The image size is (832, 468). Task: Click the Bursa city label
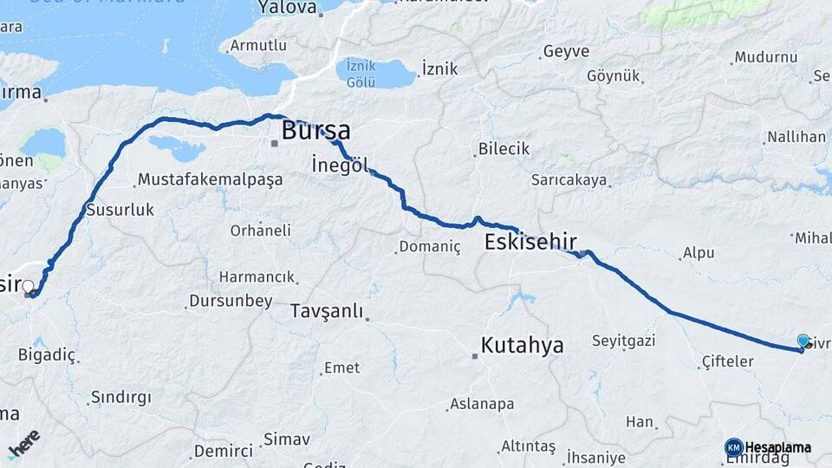(x=315, y=132)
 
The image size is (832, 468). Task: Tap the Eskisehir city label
(x=530, y=242)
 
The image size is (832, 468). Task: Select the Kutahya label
(x=522, y=345)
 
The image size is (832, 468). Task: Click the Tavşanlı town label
(x=326, y=311)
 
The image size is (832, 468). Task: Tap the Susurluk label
(x=120, y=210)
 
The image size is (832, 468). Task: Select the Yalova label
(x=288, y=8)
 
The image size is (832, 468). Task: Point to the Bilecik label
(x=504, y=149)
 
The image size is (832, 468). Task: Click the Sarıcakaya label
(x=569, y=181)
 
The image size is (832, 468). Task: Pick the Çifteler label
(x=727, y=361)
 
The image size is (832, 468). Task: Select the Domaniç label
(x=429, y=247)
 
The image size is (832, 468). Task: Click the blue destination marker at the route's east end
(x=803, y=341)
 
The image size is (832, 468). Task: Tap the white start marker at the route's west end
(x=29, y=286)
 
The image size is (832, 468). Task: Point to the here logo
(x=23, y=443)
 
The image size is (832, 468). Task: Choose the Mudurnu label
(x=765, y=58)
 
